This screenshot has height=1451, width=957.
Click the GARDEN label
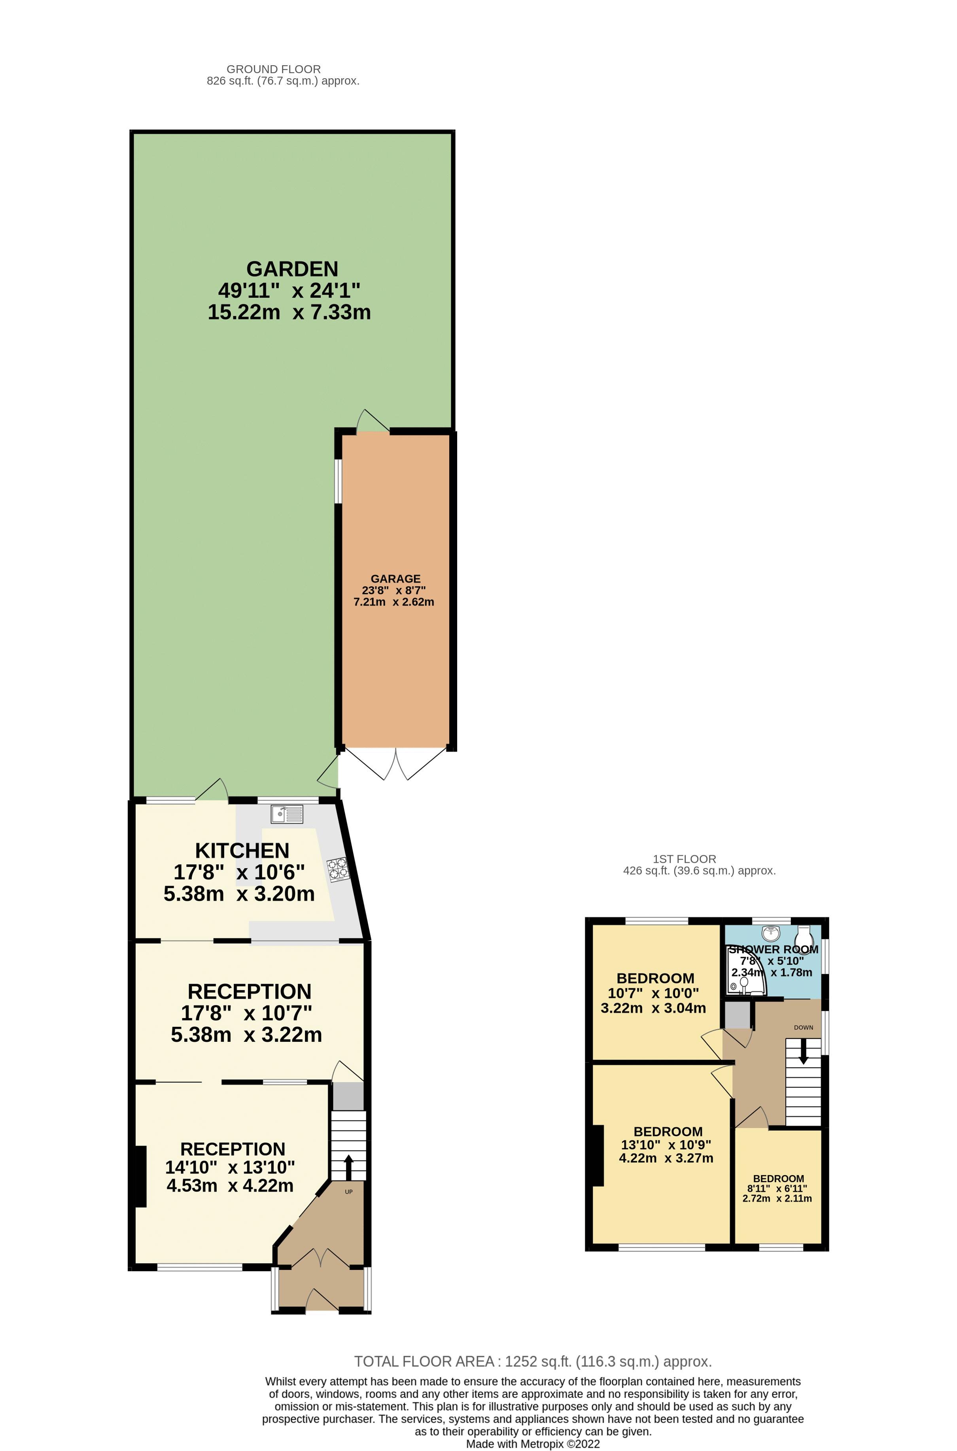click(292, 269)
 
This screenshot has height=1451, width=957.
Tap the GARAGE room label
click(395, 578)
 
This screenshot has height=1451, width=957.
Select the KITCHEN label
click(242, 850)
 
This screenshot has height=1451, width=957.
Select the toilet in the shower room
click(804, 937)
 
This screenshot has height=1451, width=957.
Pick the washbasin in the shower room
click(772, 933)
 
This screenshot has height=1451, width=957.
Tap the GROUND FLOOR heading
click(273, 70)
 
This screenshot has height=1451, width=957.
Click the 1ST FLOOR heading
click(684, 859)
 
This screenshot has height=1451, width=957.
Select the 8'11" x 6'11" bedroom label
click(777, 1188)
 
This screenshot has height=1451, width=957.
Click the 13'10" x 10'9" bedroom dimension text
click(666, 1145)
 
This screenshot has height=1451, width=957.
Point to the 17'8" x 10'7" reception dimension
click(247, 1013)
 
